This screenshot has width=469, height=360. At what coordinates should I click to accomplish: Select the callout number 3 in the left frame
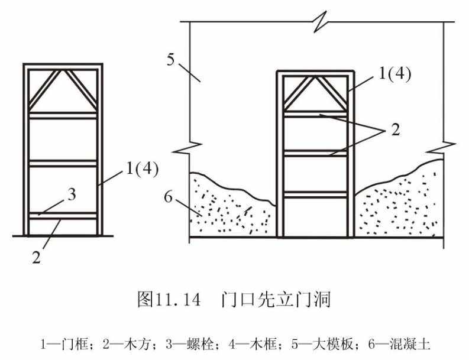(x=72, y=194)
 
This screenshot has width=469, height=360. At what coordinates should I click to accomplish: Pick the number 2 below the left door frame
(x=36, y=258)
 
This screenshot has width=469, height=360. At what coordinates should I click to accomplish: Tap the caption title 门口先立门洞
(x=277, y=299)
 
